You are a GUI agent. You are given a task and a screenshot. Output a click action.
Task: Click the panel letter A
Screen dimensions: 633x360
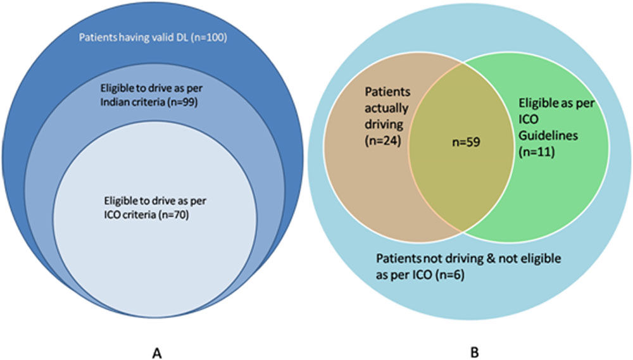pyautogui.click(x=157, y=353)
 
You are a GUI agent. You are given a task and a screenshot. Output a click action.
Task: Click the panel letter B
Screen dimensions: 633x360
pyautogui.click(x=475, y=352)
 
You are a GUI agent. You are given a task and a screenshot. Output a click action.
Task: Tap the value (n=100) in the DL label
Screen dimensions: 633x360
pyautogui.click(x=209, y=37)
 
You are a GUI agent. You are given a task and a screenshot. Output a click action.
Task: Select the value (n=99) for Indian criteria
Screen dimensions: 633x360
pyautogui.click(x=182, y=102)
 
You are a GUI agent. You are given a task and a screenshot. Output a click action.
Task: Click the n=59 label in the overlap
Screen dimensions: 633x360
pyautogui.click(x=467, y=142)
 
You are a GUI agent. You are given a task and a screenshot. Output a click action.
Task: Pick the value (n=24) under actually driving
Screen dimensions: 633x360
pyautogui.click(x=383, y=141)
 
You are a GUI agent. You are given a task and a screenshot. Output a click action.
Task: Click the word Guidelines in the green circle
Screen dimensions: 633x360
pyautogui.click(x=548, y=135)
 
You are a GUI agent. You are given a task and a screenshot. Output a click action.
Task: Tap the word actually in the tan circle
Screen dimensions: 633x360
pyautogui.click(x=387, y=108)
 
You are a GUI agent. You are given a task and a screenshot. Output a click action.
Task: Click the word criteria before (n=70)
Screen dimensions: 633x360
pyautogui.click(x=141, y=214)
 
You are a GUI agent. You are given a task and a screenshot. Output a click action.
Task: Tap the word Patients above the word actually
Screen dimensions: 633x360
pyautogui.click(x=387, y=92)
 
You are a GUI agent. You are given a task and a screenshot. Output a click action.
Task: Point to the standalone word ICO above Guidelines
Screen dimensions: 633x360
pyautogui.click(x=529, y=120)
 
